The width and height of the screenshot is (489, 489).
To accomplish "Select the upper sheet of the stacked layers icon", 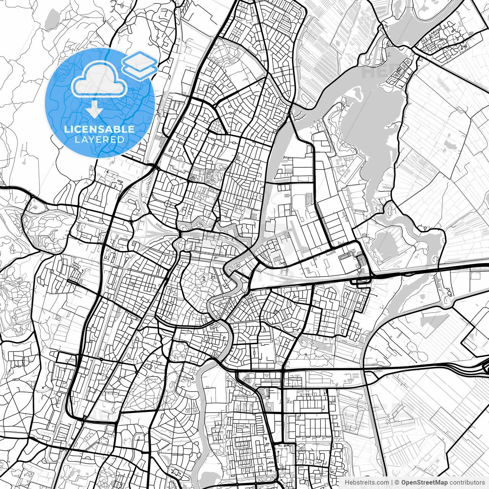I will (139, 59).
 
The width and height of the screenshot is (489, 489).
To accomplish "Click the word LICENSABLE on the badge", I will (99, 129).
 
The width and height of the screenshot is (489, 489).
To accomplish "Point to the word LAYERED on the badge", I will (99, 139).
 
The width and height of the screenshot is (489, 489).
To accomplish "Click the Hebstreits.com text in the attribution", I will (367, 483).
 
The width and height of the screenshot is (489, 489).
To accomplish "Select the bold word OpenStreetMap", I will (424, 483).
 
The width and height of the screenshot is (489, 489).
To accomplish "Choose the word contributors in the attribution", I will (466, 483).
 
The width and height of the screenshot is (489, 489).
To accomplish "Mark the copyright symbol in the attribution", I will (397, 483).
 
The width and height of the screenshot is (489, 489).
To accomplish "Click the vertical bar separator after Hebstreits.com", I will (392, 483).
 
